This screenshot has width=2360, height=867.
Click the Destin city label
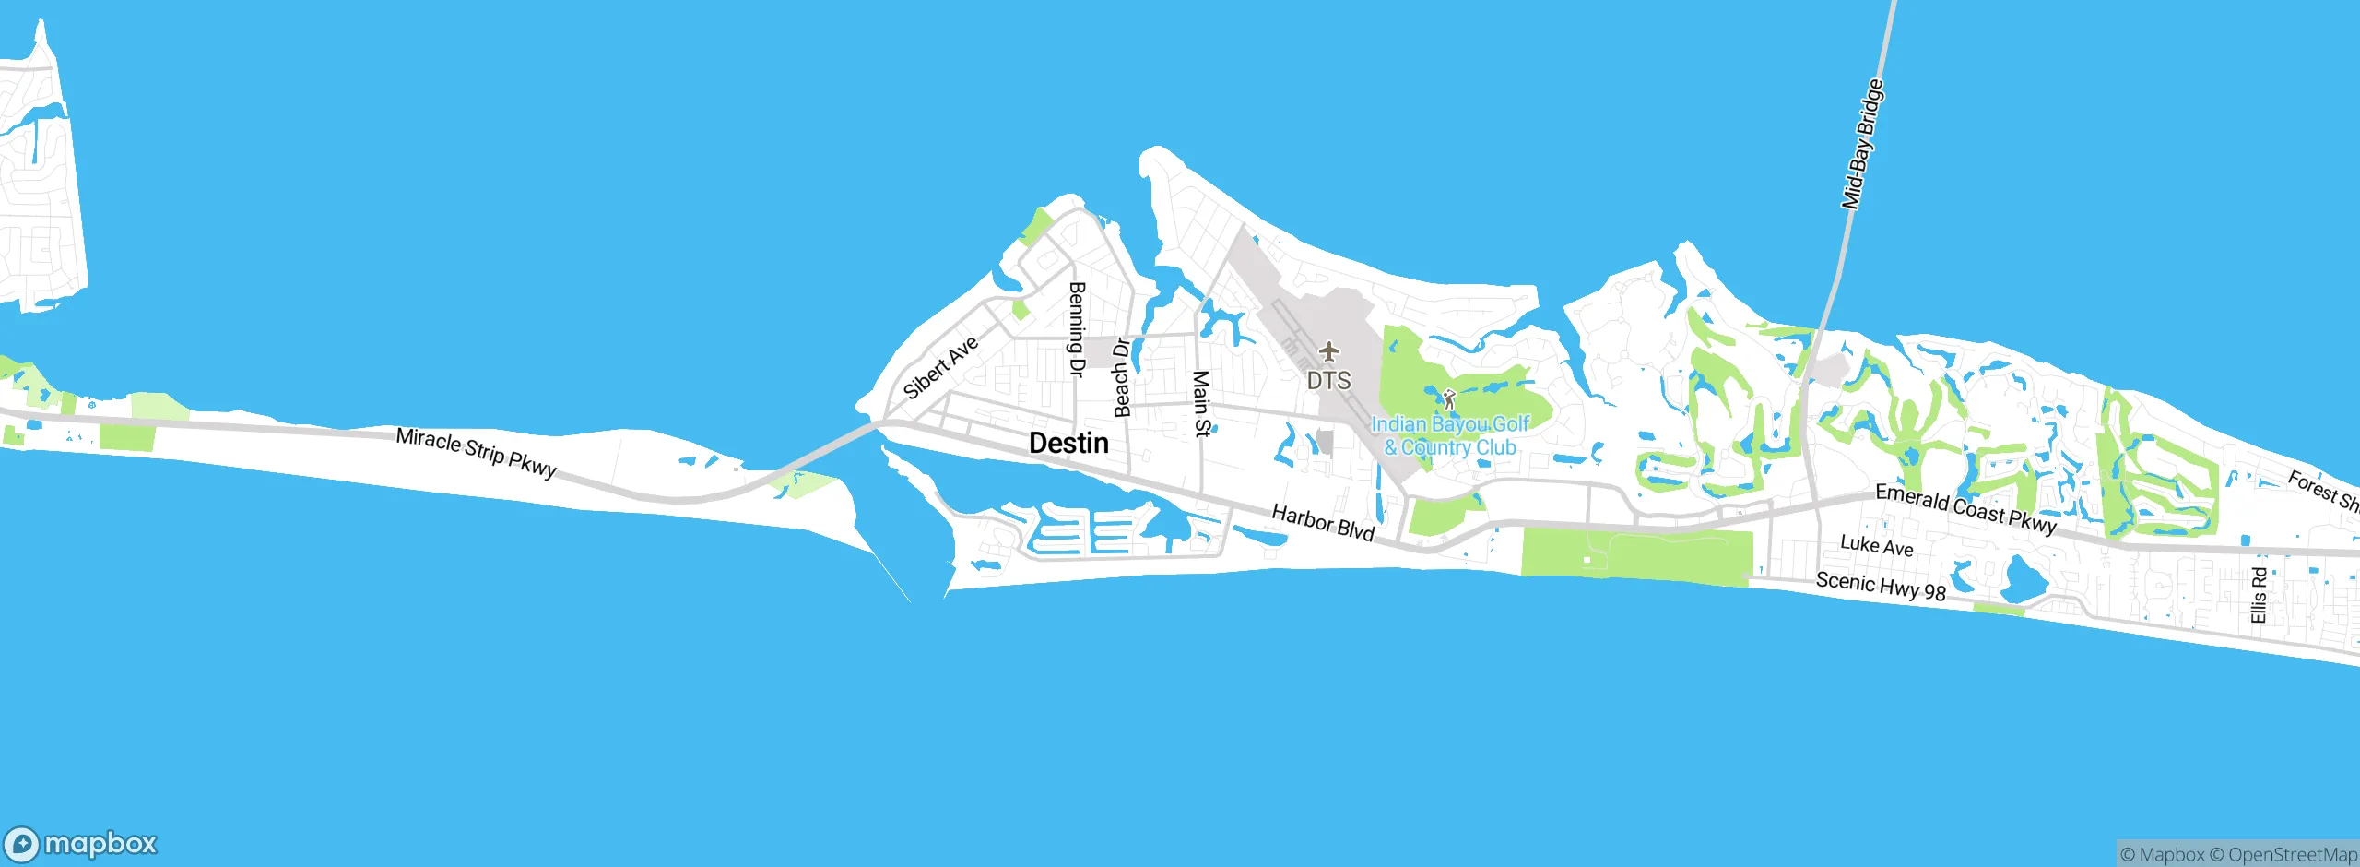pyautogui.click(x=1068, y=444)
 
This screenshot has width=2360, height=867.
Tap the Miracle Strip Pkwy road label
pyautogui.click(x=477, y=452)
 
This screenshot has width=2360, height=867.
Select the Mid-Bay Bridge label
pyautogui.click(x=1862, y=145)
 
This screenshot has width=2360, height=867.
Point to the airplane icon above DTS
pyautogui.click(x=1328, y=351)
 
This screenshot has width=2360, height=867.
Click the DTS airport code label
pyautogui.click(x=1328, y=380)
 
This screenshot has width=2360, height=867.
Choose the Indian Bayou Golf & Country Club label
pyautogui.click(x=1450, y=435)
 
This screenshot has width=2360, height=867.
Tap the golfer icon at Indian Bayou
pyautogui.click(x=1448, y=399)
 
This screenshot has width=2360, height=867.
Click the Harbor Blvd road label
pyautogui.click(x=1323, y=522)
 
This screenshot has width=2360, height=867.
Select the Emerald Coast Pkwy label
pyautogui.click(x=1965, y=509)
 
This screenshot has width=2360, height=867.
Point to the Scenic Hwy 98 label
pyautogui.click(x=1881, y=587)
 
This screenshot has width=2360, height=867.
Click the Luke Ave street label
pyautogui.click(x=1876, y=546)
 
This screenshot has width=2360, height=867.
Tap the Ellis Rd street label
pyautogui.click(x=2259, y=595)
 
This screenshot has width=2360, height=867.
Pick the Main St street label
pyautogui.click(x=1201, y=403)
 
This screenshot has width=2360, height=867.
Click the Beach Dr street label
pyautogui.click(x=1122, y=378)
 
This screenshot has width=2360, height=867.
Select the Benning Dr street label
pyautogui.click(x=1076, y=329)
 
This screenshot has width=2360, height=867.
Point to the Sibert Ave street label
pyautogui.click(x=941, y=367)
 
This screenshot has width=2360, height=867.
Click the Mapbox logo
pyautogui.click(x=81, y=844)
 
